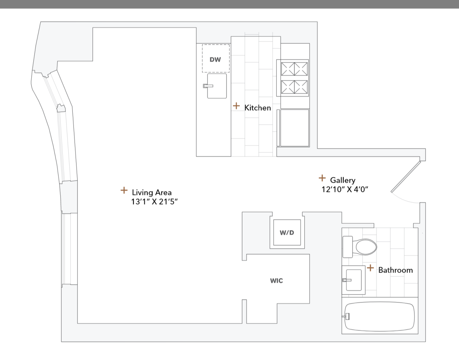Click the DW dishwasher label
click(x=215, y=59)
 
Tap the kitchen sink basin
click(x=217, y=86)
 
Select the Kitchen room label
click(x=258, y=108)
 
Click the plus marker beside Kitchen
click(x=236, y=106)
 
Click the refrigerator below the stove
click(x=294, y=128)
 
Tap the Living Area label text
click(x=152, y=192)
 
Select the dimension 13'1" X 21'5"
click(x=155, y=202)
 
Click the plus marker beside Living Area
click(x=124, y=190)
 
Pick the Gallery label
click(x=343, y=180)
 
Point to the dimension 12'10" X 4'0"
click(x=345, y=189)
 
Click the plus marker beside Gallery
click(x=322, y=178)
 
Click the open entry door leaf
click(x=406, y=176)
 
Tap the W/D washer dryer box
click(x=287, y=233)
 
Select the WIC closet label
click(x=276, y=281)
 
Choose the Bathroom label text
click(x=395, y=270)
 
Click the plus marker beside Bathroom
click(x=370, y=268)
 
